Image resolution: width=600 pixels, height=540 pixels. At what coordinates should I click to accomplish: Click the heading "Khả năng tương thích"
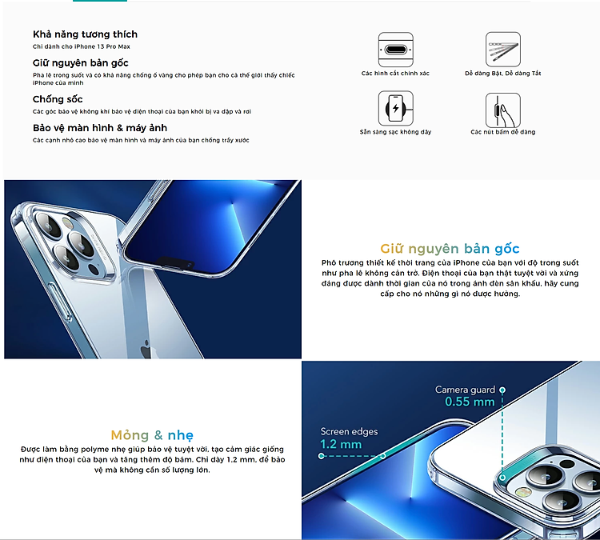[x=85, y=34]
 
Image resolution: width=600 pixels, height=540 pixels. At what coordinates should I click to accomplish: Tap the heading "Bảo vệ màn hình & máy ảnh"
[x=100, y=128]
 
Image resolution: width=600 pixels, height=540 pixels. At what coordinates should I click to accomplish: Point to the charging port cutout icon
[x=395, y=49]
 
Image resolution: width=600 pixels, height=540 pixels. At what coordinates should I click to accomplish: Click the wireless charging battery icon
[x=395, y=108]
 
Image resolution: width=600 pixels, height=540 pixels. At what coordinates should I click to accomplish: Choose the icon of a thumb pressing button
[x=502, y=108]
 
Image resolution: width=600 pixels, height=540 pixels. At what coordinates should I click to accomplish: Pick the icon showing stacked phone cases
[x=502, y=49]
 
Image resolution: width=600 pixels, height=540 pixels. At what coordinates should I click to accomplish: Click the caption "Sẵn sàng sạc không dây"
[x=395, y=132]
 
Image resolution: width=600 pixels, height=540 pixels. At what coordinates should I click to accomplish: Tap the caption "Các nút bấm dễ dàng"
[x=502, y=132]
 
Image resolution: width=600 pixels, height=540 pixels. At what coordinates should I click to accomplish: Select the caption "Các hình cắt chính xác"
[x=395, y=74]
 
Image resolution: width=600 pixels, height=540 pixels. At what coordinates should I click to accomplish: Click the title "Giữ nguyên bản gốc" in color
[x=450, y=248]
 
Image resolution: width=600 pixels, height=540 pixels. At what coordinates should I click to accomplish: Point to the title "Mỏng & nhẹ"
[x=152, y=435]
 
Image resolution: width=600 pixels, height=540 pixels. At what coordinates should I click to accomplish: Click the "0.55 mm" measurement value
[x=470, y=402]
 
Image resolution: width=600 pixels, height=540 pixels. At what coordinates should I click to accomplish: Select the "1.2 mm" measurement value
[x=341, y=444]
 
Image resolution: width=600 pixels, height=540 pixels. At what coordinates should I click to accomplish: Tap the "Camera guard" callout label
[x=465, y=390]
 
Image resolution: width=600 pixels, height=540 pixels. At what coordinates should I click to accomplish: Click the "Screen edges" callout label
[x=349, y=432]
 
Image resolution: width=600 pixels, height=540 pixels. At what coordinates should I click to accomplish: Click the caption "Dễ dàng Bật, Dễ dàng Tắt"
[x=502, y=74]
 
